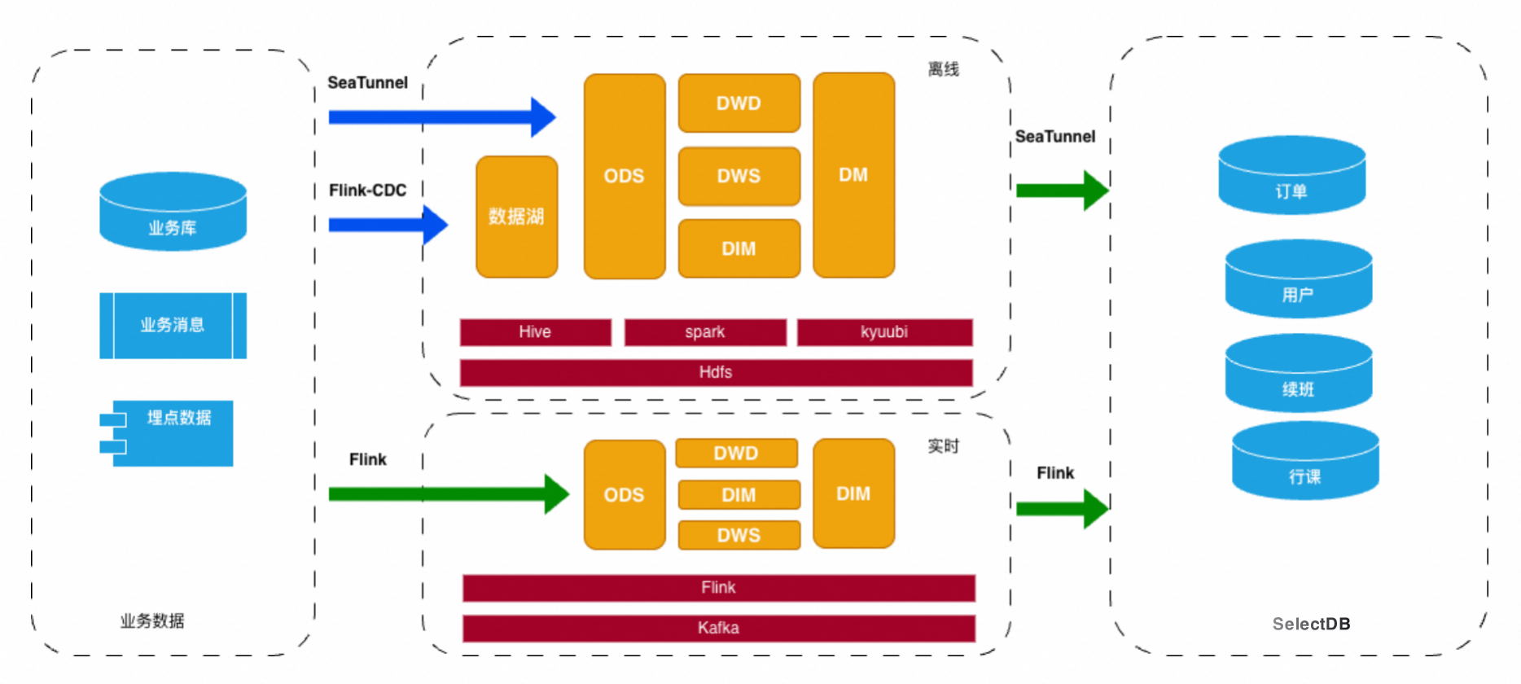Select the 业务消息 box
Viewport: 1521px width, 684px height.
(173, 326)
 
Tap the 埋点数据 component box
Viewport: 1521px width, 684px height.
(173, 433)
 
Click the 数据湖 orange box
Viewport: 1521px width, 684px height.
(516, 217)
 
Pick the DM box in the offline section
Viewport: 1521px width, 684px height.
(853, 175)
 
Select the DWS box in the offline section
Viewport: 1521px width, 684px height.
(739, 176)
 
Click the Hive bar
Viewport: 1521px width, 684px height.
(535, 332)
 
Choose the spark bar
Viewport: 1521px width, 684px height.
(705, 332)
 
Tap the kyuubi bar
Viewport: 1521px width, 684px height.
(884, 332)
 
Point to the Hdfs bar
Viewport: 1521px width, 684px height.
(716, 373)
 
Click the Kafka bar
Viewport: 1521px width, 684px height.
(718, 628)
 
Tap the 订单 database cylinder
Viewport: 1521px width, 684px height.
(1291, 176)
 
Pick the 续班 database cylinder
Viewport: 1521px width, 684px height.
(1298, 374)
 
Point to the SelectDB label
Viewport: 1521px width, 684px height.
(1311, 625)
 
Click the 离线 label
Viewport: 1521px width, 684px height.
(944, 70)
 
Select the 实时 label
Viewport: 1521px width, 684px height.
(944, 446)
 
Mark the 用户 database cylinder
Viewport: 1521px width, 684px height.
(1298, 279)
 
